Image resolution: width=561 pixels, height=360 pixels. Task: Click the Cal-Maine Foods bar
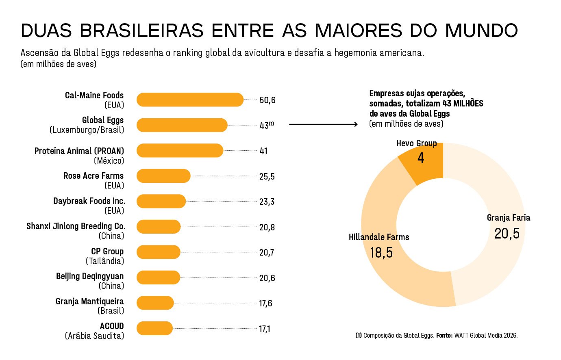click(190, 100)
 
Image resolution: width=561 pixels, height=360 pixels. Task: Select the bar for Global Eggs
click(182, 125)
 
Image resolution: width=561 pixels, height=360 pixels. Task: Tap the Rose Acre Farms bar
click(163, 176)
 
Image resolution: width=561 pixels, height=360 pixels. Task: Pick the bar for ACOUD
click(154, 328)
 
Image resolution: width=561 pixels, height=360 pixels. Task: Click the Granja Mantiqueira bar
click(155, 303)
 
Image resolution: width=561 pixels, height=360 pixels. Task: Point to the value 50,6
click(267, 100)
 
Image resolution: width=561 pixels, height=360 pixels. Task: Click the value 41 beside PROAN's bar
click(263, 151)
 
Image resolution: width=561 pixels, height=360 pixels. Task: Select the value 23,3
click(267, 202)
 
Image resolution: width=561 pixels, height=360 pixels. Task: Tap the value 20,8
click(267, 228)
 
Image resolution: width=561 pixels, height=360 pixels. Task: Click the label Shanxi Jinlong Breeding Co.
click(76, 226)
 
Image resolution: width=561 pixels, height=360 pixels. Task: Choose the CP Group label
click(107, 252)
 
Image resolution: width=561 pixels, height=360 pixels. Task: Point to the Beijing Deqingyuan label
click(90, 276)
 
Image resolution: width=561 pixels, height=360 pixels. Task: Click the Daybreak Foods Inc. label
click(89, 201)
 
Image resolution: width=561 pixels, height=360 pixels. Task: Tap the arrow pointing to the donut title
click(323, 124)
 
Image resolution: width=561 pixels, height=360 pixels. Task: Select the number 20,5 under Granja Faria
click(507, 234)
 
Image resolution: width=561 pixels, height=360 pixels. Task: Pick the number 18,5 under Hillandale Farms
click(381, 253)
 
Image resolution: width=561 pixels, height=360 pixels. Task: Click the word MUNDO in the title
click(481, 31)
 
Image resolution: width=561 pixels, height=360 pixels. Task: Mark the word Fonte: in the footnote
click(444, 336)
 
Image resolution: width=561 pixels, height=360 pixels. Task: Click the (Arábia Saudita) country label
click(94, 336)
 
